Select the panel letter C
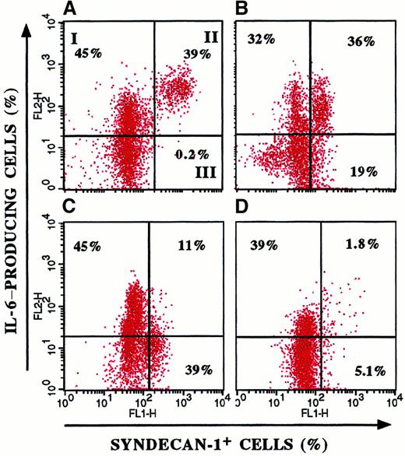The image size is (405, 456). pyautogui.click(x=78, y=208)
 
